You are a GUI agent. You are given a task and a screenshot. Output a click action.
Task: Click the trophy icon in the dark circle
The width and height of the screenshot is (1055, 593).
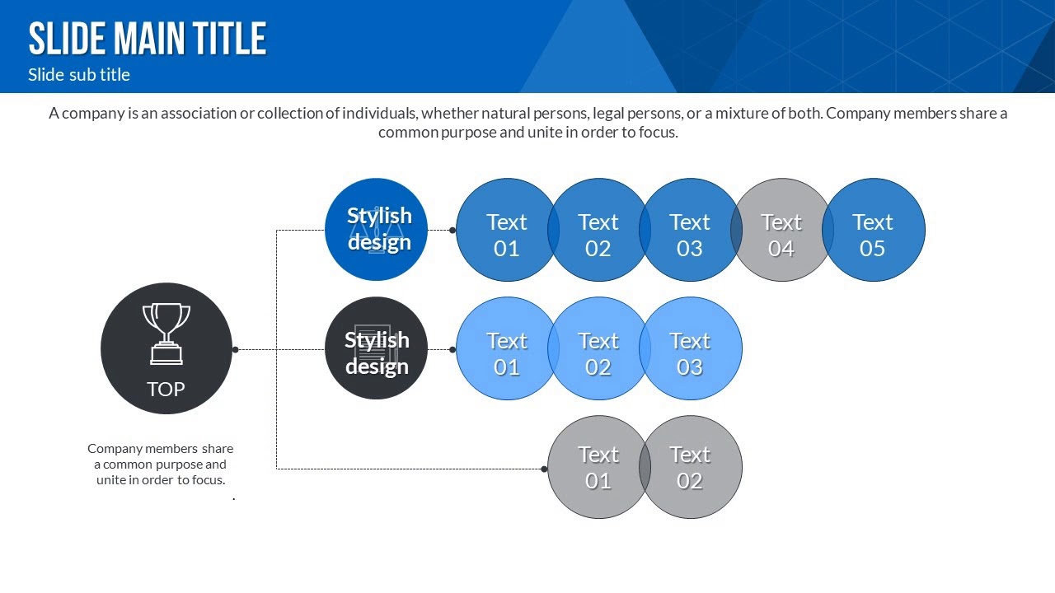tap(166, 333)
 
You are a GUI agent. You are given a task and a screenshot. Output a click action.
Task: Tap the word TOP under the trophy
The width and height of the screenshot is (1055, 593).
tap(166, 389)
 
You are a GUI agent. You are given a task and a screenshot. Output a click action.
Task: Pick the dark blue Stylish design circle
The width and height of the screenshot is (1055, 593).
tap(376, 229)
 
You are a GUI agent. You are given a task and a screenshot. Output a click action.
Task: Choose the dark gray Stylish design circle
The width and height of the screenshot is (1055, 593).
tap(376, 348)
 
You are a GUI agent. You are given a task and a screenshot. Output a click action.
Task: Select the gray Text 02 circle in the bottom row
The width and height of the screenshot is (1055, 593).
tap(691, 467)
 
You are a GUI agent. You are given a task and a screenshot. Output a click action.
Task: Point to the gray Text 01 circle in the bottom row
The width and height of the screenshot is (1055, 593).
tap(598, 467)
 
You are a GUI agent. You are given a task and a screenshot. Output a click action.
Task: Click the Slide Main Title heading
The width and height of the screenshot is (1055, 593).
tap(148, 39)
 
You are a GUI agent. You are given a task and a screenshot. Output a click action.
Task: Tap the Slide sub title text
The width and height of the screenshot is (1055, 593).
tap(79, 75)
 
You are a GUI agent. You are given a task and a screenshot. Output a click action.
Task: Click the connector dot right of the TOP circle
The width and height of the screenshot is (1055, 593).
tap(235, 349)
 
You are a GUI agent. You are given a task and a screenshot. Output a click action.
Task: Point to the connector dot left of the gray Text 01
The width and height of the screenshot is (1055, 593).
tap(544, 469)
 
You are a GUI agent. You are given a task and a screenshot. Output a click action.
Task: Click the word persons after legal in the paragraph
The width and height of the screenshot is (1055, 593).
tap(651, 114)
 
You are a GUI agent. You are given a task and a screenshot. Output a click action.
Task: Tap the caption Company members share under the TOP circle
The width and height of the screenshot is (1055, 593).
tap(160, 449)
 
